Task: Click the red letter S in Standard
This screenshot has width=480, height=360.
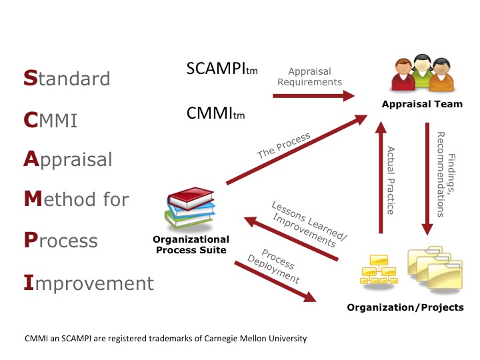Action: click(x=31, y=79)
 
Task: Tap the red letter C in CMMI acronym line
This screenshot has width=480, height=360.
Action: click(x=31, y=120)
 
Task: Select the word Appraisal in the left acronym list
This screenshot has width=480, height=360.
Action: click(x=68, y=161)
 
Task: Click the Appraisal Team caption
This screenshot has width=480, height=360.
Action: click(x=422, y=105)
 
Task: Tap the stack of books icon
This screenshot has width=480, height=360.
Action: click(x=190, y=209)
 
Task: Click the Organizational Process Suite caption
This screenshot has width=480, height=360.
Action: click(x=191, y=245)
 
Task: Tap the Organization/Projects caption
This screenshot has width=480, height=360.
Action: click(x=405, y=307)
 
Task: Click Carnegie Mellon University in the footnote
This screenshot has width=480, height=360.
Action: click(x=256, y=338)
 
